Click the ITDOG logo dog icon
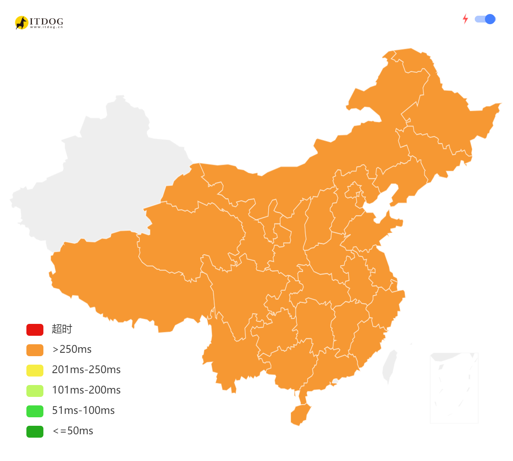click(21, 22)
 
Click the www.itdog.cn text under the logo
click(46, 27)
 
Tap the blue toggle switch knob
click(490, 19)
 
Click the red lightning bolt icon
click(465, 19)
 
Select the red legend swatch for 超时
click(35, 329)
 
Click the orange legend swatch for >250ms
click(35, 350)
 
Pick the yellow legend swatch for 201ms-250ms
click(35, 370)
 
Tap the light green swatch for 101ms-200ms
click(35, 391)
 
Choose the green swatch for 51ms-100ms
click(35, 411)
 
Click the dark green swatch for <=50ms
click(35, 431)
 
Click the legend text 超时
click(62, 329)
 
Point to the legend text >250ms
click(72, 349)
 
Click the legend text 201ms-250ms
click(86, 370)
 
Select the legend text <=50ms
click(73, 431)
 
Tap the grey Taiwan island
click(389, 366)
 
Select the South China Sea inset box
click(454, 388)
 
